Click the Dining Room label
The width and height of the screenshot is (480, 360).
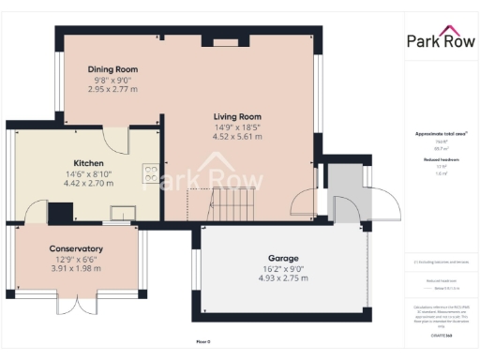tap(112, 69)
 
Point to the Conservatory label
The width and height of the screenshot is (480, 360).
tap(76, 248)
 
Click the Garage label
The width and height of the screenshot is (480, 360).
tap(282, 258)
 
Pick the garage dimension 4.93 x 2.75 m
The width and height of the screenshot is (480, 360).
tap(282, 278)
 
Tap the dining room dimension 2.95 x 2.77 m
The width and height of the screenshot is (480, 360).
tap(112, 90)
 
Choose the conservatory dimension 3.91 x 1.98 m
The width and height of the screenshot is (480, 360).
tap(76, 269)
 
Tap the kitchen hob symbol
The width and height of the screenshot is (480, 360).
tap(149, 172)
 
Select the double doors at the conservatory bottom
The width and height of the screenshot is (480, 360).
tap(76, 307)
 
